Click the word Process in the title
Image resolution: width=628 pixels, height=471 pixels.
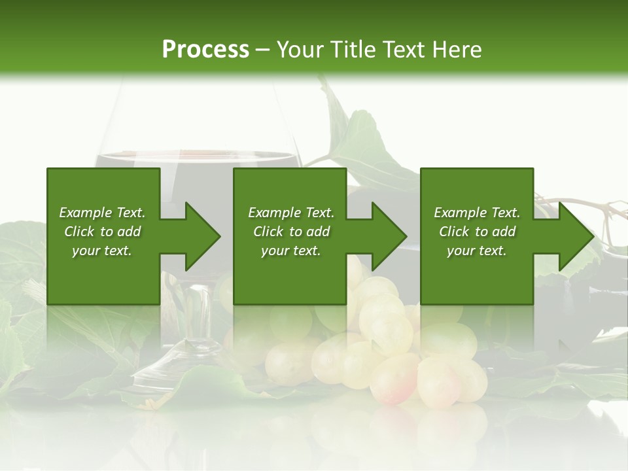(x=205, y=50)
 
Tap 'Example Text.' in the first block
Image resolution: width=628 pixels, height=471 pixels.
(x=102, y=213)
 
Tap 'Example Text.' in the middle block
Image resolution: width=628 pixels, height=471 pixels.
(x=291, y=213)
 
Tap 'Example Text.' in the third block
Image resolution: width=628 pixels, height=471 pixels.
(x=477, y=213)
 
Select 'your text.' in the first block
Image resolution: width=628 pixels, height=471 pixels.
(x=102, y=251)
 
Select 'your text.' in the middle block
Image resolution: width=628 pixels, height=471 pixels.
(x=291, y=251)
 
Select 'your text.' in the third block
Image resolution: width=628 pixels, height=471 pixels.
(x=477, y=251)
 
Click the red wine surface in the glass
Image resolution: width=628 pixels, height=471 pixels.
(x=196, y=157)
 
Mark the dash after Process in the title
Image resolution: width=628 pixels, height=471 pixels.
(x=263, y=50)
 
